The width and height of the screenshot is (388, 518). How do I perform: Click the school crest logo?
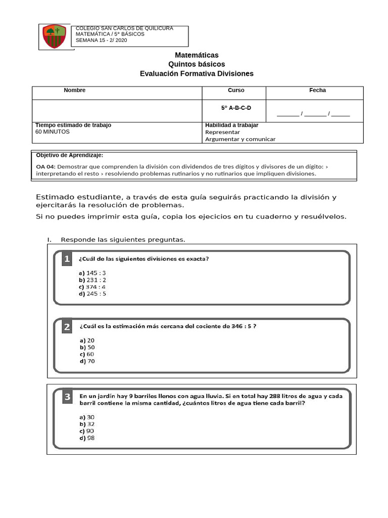click(x=54, y=36)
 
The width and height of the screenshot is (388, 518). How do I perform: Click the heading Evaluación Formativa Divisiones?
click(x=197, y=74)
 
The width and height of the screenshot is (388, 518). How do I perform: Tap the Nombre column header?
click(x=74, y=91)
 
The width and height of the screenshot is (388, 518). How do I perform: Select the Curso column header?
click(x=236, y=91)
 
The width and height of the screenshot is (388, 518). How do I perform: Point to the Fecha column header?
click(x=317, y=91)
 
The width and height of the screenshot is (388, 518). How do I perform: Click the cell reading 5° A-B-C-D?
click(x=236, y=108)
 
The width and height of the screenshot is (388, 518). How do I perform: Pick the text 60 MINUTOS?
click(x=53, y=132)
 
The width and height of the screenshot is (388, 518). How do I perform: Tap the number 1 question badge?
click(x=67, y=260)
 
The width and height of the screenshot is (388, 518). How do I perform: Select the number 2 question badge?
click(x=67, y=327)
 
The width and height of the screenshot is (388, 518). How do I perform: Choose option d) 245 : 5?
click(x=92, y=293)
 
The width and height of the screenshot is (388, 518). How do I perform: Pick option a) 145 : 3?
click(x=92, y=273)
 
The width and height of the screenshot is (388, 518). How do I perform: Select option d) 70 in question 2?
click(x=87, y=361)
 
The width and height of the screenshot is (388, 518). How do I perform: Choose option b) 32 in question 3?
click(x=87, y=424)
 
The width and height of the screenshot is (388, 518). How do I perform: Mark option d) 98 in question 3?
click(x=87, y=438)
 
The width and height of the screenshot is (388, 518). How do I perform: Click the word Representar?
click(x=222, y=132)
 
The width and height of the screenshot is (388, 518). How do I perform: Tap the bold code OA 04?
click(x=46, y=166)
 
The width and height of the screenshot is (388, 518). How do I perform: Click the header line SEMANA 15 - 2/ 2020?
click(x=101, y=40)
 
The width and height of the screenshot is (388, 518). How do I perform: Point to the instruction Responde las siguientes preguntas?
click(x=123, y=239)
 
